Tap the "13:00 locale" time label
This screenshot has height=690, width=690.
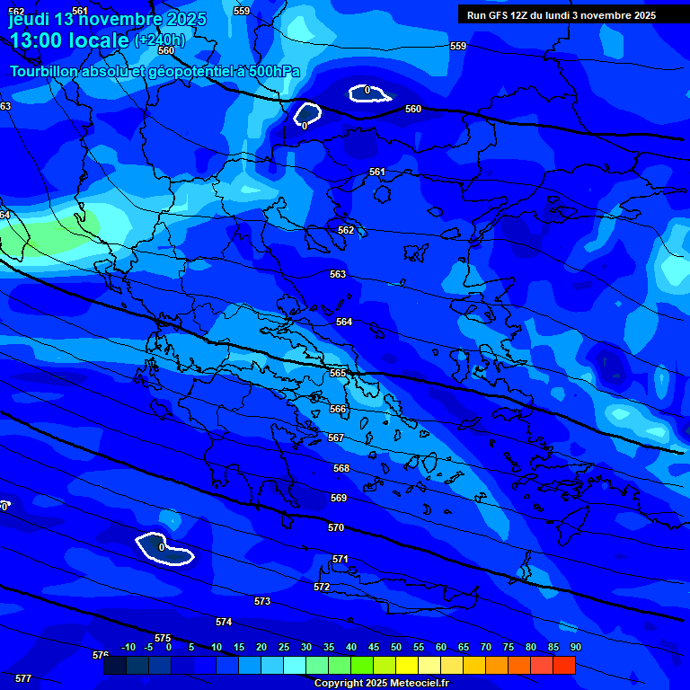click(69, 40)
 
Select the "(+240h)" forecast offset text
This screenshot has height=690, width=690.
click(160, 40)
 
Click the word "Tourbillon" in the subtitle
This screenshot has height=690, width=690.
click(45, 72)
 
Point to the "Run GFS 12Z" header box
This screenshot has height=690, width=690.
click(562, 15)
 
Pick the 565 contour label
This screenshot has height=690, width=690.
click(338, 373)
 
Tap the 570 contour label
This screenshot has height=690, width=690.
click(336, 528)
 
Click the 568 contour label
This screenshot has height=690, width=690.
click(341, 469)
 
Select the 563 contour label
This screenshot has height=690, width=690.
click(338, 275)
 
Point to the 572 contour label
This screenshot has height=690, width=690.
click(322, 588)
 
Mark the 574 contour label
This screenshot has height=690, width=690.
click(224, 623)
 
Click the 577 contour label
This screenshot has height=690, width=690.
click(23, 678)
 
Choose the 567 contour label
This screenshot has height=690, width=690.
click(336, 438)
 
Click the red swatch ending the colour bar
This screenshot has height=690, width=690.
click(564, 666)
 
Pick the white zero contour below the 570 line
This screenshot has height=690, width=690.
click(164, 549)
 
